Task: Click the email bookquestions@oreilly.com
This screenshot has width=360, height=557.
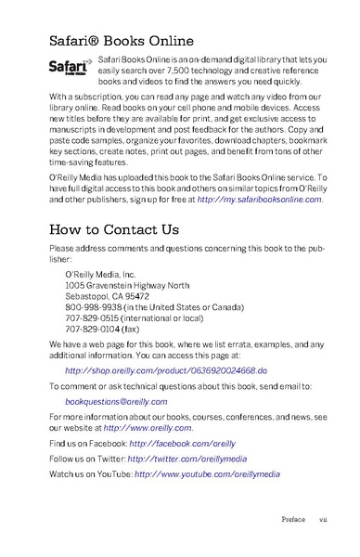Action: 116,401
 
